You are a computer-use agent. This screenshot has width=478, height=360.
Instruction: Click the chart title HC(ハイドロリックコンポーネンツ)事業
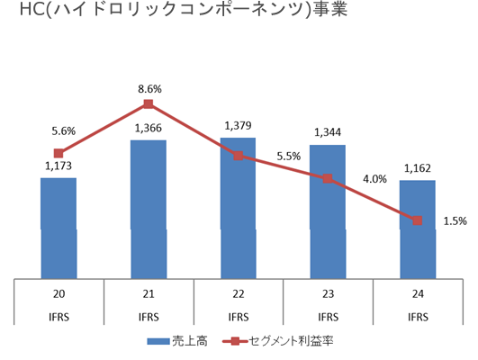coord(181,13)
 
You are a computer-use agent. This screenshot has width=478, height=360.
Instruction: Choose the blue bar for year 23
coord(328,216)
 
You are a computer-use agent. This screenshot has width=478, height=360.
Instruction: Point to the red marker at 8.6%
coord(149,104)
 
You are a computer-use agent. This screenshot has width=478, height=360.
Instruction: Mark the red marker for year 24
coord(417,220)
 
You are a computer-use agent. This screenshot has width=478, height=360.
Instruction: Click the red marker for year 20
coord(59,154)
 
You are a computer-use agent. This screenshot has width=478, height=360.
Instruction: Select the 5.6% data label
coord(63,131)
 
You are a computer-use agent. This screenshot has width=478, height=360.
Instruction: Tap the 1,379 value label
coord(239,121)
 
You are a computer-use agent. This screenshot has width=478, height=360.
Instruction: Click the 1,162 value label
coord(417,167)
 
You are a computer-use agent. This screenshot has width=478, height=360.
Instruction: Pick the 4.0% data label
coord(374,178)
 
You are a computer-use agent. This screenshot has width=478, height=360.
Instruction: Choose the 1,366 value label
coord(149,128)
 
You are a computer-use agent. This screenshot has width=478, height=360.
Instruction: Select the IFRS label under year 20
coord(59,317)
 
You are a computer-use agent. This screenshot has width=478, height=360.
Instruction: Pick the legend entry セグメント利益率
coord(284,342)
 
